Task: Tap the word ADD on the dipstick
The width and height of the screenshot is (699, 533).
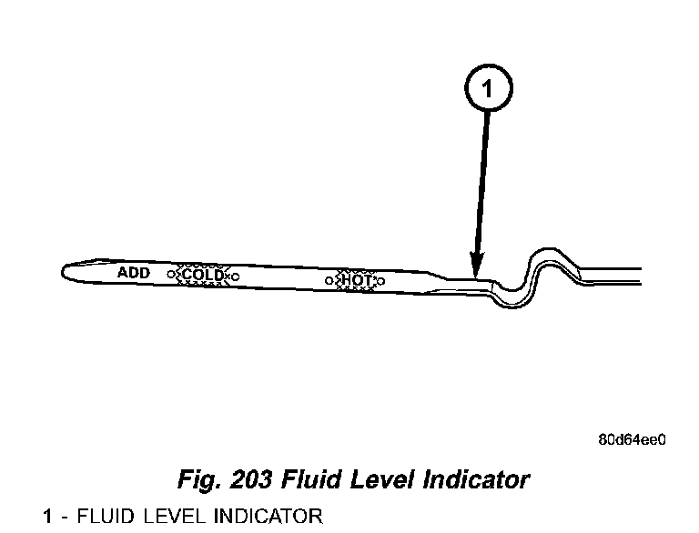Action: (x=134, y=272)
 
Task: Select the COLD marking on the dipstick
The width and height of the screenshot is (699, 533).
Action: (x=202, y=275)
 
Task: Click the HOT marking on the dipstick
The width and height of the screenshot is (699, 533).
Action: (x=356, y=280)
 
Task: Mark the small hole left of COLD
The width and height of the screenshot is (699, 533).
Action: (x=171, y=274)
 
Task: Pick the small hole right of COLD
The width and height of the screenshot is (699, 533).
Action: (x=235, y=276)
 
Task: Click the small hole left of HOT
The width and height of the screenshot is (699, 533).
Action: (x=332, y=279)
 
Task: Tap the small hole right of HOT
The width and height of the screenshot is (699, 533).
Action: (x=380, y=281)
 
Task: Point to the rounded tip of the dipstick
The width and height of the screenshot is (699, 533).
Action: (x=66, y=271)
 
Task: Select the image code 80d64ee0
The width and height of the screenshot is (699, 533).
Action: (x=631, y=440)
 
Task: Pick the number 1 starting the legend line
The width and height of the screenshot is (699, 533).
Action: (x=47, y=518)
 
